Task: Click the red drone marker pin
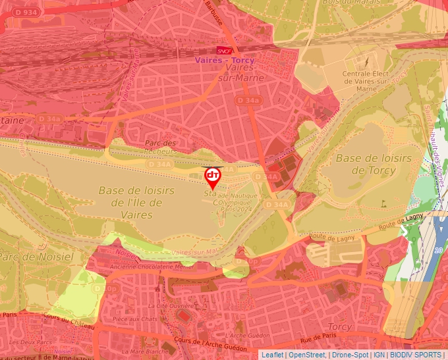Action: point(212,177)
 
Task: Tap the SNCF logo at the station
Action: point(223,51)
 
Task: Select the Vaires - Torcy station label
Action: point(224,60)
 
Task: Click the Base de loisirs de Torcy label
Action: point(374,164)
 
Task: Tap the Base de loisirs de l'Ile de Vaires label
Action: point(136,201)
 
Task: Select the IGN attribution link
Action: point(379,355)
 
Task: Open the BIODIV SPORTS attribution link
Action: point(416,355)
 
